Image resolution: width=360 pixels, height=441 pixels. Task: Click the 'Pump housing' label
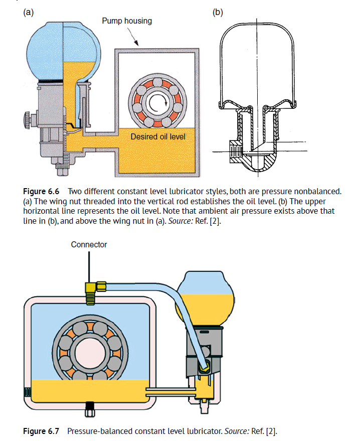pos(127,21)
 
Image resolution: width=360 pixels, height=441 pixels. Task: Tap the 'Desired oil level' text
pos(157,136)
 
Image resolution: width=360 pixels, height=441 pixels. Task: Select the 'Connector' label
pos(89,245)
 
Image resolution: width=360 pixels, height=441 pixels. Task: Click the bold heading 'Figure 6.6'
pos(41,191)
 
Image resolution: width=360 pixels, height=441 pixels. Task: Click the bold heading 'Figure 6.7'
pos(41,431)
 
